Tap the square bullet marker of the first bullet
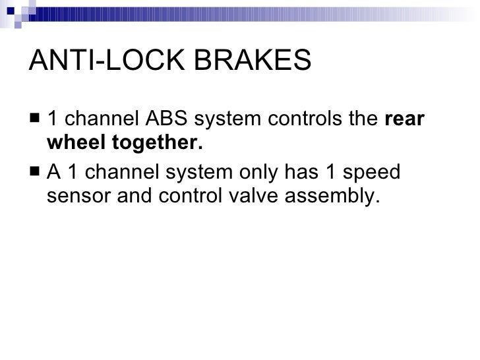tap(36, 120)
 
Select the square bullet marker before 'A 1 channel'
tap(36, 173)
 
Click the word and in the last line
tap(134, 196)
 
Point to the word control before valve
tap(184, 196)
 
